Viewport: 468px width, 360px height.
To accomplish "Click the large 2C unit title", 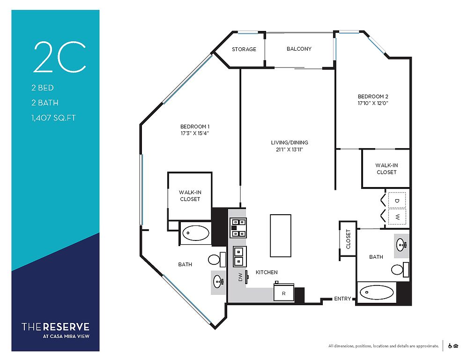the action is (x=59, y=57).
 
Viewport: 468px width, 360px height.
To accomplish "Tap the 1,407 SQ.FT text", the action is (x=54, y=118).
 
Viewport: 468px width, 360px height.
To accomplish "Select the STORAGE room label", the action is (x=244, y=49).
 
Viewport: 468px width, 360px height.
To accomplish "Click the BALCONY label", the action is (x=299, y=49).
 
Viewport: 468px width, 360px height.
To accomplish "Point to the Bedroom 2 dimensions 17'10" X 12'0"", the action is (x=373, y=104).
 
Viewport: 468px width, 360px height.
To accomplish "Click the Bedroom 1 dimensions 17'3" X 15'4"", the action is (x=194, y=133).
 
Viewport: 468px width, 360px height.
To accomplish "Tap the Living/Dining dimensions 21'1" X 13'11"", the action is (x=290, y=150).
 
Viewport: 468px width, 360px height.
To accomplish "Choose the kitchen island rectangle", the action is (x=281, y=235).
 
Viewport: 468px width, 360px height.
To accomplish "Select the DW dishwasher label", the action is (x=241, y=277).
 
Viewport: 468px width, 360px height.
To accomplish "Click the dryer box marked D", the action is (x=397, y=201).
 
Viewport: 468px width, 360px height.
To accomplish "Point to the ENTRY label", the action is (x=342, y=299).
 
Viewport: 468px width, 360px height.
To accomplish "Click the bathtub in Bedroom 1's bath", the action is (x=196, y=233).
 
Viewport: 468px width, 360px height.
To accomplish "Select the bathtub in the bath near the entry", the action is (x=376, y=293).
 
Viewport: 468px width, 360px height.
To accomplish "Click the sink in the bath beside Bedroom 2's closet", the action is (x=401, y=246).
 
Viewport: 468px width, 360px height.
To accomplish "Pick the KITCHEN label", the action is (x=267, y=272).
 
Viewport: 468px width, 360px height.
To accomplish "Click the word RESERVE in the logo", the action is (x=66, y=327).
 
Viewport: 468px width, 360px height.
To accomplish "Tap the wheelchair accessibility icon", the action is (x=450, y=346).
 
